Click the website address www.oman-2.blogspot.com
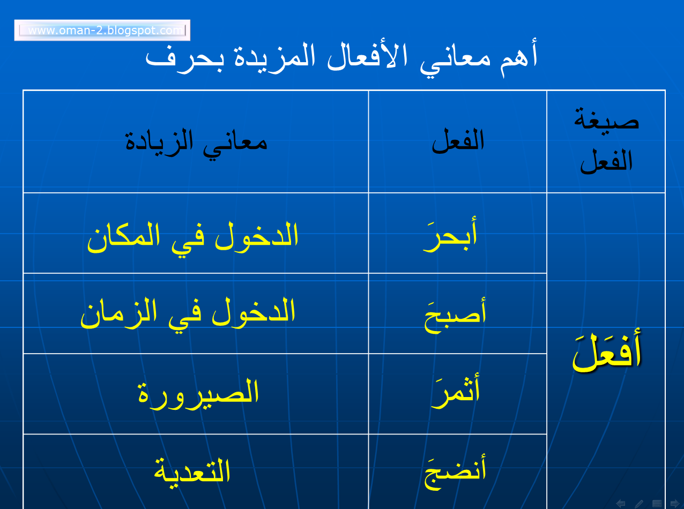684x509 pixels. (x=102, y=31)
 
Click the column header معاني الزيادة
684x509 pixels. (x=196, y=143)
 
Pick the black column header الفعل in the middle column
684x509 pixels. (x=458, y=141)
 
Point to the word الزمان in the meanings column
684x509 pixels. (x=115, y=314)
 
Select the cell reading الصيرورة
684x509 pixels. (x=199, y=392)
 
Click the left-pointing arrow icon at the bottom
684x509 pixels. (x=621, y=503)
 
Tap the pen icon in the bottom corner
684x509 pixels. (x=639, y=503)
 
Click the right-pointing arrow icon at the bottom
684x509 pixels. (x=674, y=503)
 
